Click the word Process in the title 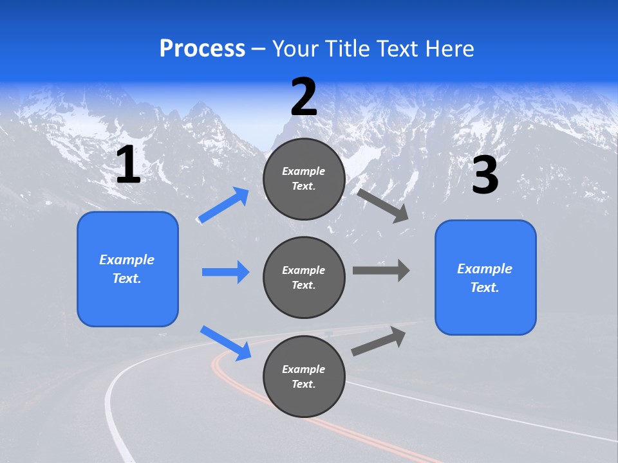202,49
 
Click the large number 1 129,164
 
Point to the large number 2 304,96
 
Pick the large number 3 485,174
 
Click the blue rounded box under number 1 127,269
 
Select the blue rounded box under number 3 485,278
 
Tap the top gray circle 304,179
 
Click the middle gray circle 304,278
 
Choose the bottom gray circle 304,376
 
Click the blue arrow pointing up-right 223,205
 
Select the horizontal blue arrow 226,271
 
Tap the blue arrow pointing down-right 226,343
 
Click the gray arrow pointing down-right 382,206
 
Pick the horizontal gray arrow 381,271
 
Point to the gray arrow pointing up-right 379,341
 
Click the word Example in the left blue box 127,260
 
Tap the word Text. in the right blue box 485,287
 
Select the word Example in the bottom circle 303,369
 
